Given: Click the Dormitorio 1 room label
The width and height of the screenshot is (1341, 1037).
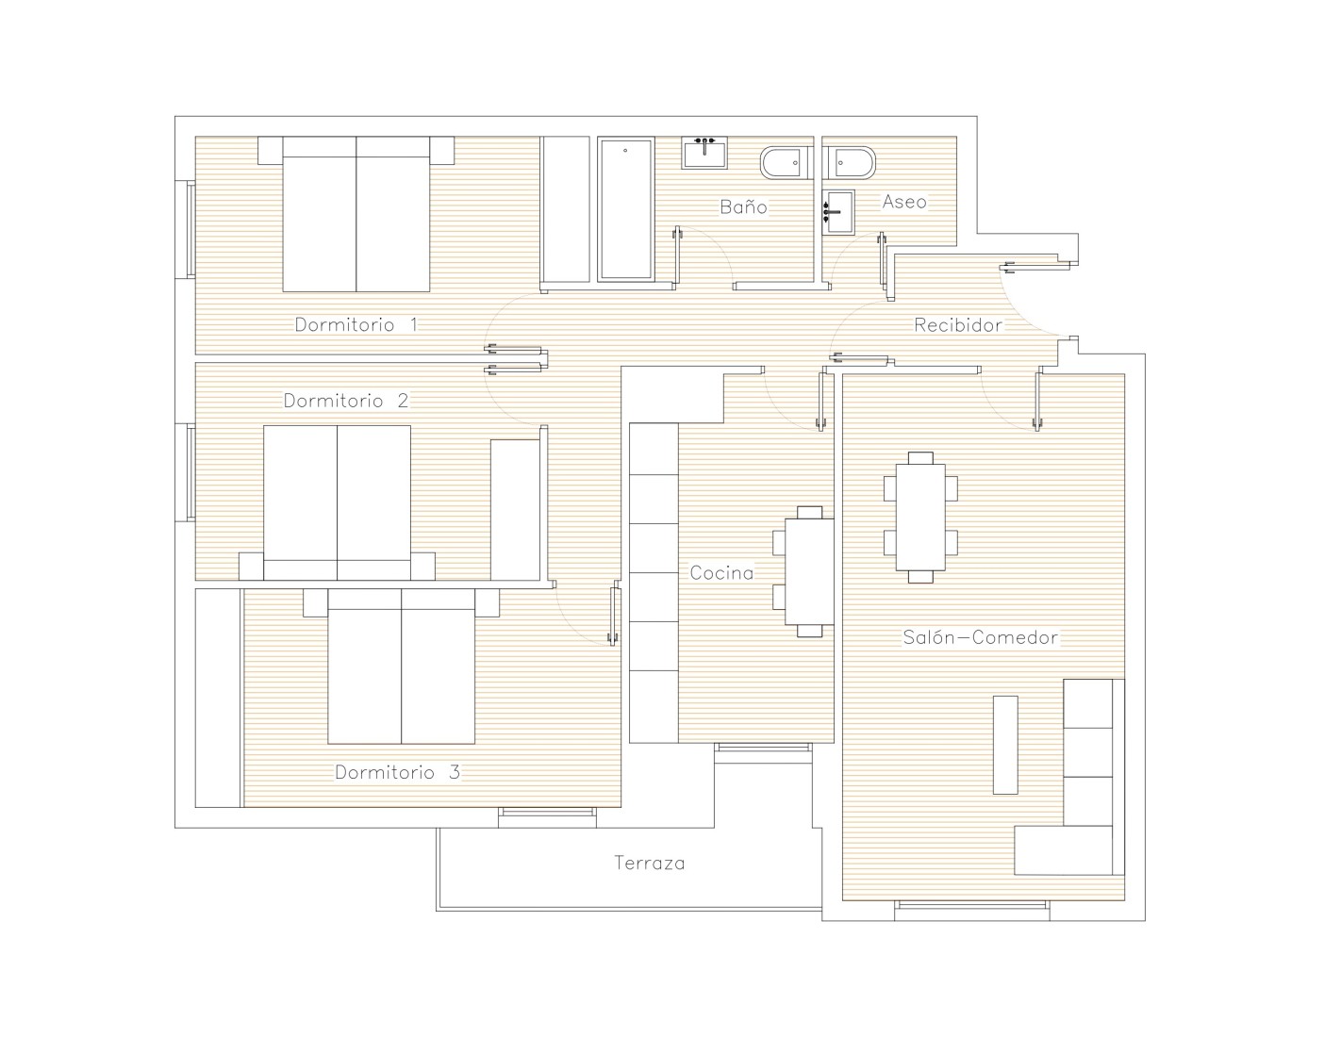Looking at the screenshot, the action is pyautogui.click(x=356, y=324).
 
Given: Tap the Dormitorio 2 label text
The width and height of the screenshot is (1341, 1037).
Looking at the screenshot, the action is pyautogui.click(x=345, y=401).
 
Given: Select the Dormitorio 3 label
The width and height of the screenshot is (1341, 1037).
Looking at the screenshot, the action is pyautogui.click(x=397, y=772).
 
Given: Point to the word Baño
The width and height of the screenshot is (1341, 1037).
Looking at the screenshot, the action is pyautogui.click(x=744, y=206).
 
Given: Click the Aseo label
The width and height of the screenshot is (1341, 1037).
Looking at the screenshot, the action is pyautogui.click(x=904, y=202).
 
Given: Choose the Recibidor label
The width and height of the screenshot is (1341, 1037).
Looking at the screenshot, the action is pyautogui.click(x=958, y=324).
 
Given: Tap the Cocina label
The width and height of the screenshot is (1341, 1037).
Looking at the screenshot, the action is pyautogui.click(x=721, y=573).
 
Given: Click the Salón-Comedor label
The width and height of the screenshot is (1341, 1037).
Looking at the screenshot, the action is pyautogui.click(x=980, y=637).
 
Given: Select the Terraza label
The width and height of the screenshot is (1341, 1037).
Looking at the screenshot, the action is pyautogui.click(x=649, y=863).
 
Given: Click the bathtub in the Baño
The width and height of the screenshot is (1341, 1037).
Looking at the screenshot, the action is pyautogui.click(x=626, y=209).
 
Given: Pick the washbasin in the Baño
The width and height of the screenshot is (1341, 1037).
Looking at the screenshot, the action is pyautogui.click(x=704, y=153).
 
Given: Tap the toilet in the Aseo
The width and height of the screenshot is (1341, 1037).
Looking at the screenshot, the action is pyautogui.click(x=849, y=163).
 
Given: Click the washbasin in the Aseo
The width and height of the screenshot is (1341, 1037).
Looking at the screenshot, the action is pyautogui.click(x=838, y=212).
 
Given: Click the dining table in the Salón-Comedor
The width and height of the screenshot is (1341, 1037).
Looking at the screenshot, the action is pyautogui.click(x=920, y=517).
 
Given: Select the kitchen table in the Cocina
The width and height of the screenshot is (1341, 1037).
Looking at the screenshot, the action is pyautogui.click(x=809, y=572).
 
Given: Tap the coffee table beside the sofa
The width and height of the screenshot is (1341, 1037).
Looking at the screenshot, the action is pyautogui.click(x=1005, y=745).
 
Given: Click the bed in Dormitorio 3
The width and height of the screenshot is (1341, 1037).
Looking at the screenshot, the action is pyautogui.click(x=401, y=667).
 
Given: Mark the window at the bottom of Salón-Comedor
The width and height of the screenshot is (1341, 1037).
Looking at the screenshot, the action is pyautogui.click(x=972, y=905).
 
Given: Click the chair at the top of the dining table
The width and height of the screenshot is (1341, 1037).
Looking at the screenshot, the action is pyautogui.click(x=920, y=458).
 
